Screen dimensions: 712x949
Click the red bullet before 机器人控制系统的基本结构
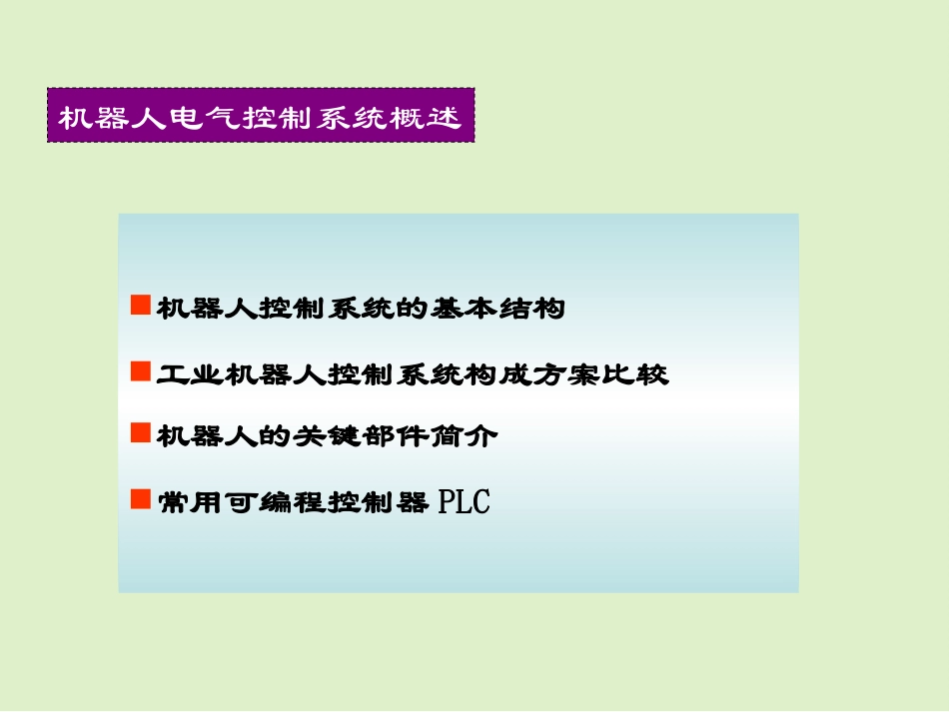(x=140, y=305)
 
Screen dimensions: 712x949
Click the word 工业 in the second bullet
(x=187, y=375)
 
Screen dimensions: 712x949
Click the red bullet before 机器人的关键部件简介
(x=140, y=432)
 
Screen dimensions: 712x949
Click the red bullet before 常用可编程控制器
(x=140, y=497)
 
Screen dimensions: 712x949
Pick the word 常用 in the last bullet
(x=187, y=501)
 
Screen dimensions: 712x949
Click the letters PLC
(x=465, y=501)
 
